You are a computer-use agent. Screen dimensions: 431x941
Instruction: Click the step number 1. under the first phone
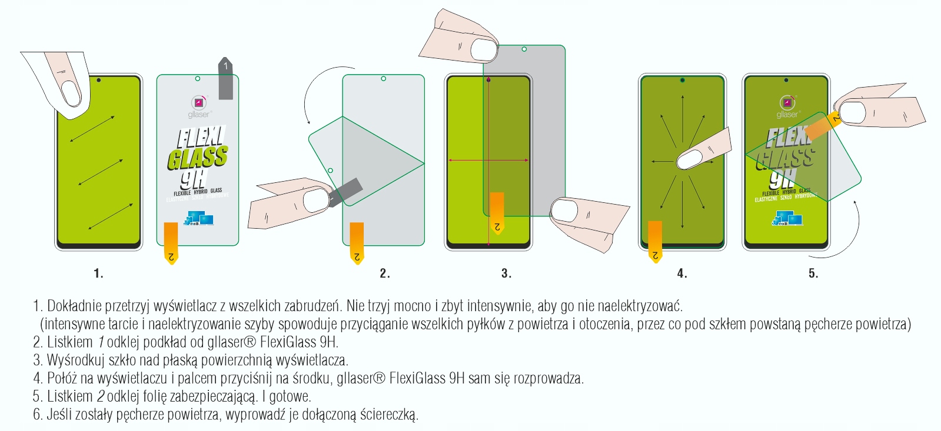pyautogui.click(x=98, y=273)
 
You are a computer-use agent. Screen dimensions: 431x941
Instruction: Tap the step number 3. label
pyautogui.click(x=506, y=273)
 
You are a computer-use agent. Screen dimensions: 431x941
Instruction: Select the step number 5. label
pyautogui.click(x=813, y=273)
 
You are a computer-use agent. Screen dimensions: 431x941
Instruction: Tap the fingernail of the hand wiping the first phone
pyautogui.click(x=71, y=93)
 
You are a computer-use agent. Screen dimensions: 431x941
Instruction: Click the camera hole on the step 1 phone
pyautogui.click(x=98, y=80)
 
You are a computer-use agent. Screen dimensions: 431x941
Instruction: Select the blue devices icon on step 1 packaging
pyautogui.click(x=198, y=219)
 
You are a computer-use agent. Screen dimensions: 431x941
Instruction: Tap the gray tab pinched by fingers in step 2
pyautogui.click(x=348, y=191)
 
